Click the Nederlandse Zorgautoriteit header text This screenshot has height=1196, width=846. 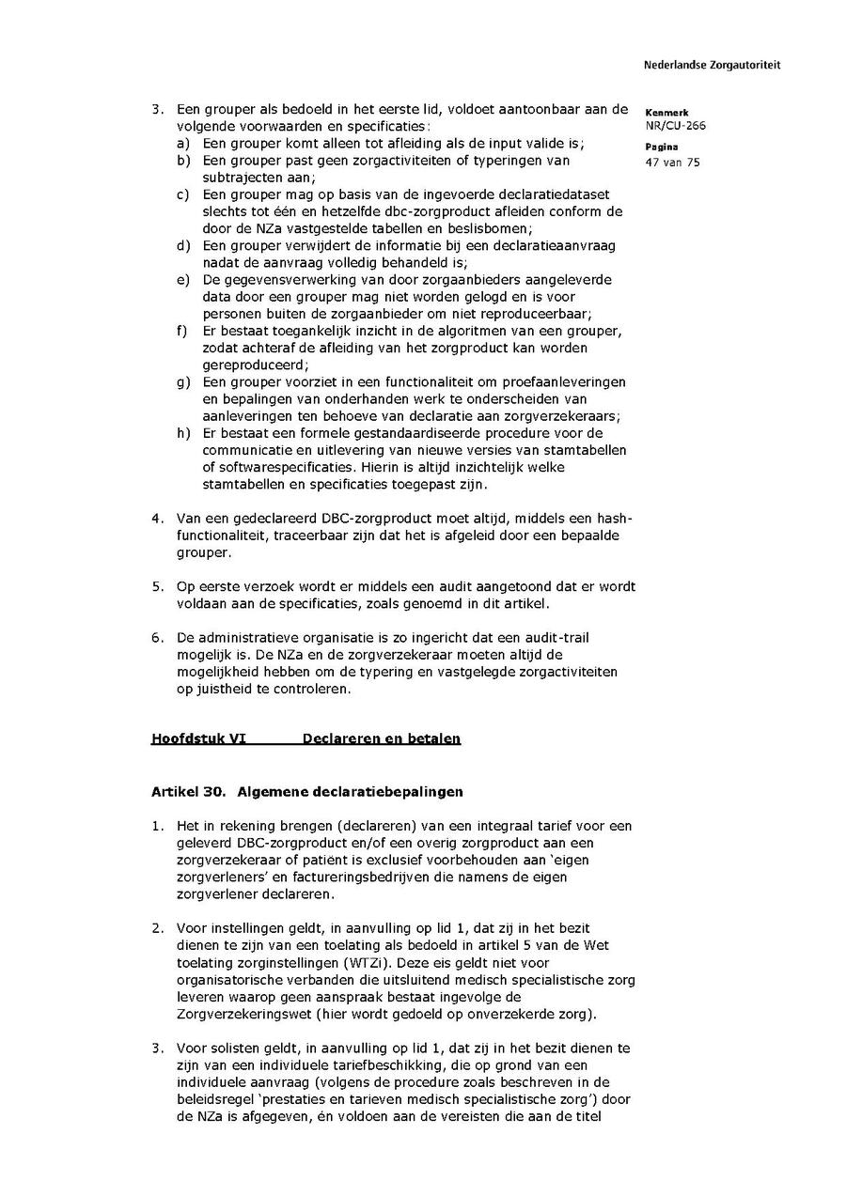click(712, 66)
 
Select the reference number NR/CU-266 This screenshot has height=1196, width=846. click(675, 125)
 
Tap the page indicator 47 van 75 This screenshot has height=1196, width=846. click(672, 163)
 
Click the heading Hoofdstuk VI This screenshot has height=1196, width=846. click(198, 739)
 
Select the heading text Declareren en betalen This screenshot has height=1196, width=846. click(382, 739)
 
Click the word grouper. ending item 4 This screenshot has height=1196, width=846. click(201, 552)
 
